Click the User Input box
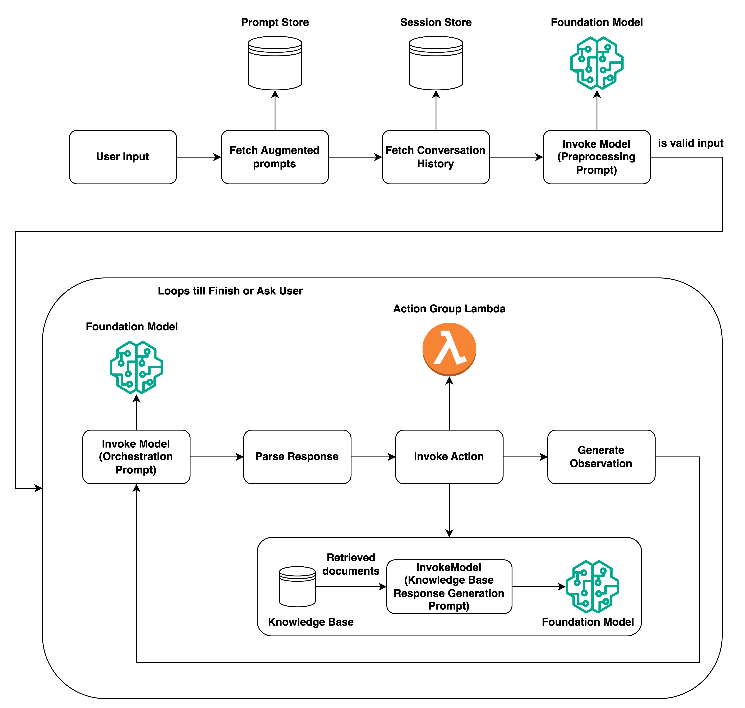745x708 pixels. coord(123,157)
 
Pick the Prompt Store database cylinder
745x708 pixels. coord(275,63)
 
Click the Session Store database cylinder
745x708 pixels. coord(436,63)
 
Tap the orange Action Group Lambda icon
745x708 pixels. coord(449,349)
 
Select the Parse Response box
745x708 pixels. coord(297,457)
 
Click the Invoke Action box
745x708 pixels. coord(449,457)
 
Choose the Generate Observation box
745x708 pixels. coord(601,457)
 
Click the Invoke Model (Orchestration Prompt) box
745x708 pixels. coord(136,457)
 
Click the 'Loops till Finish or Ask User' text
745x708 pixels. coord(230,291)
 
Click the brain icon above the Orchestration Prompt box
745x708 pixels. coord(136,367)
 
